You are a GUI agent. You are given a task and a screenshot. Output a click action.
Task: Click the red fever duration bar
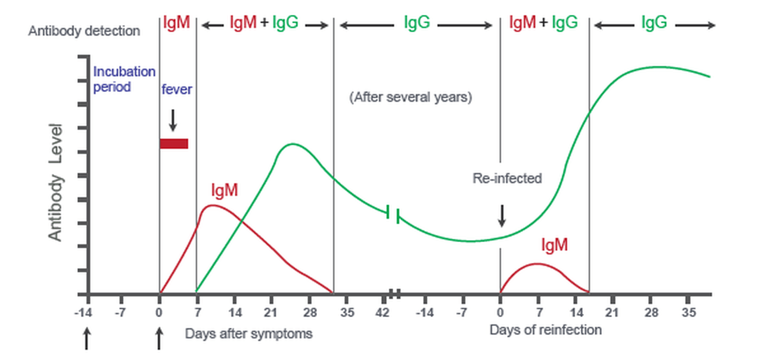point(173,144)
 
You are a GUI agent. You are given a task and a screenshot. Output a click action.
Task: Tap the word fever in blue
point(176,90)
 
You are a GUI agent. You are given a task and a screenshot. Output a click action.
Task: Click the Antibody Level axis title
point(55,182)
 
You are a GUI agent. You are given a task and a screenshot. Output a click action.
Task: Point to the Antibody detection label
point(84,31)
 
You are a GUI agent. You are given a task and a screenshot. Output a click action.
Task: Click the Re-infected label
point(507,178)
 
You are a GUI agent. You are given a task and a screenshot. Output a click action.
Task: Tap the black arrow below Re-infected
point(502,216)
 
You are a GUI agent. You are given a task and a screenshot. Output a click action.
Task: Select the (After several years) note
point(411,98)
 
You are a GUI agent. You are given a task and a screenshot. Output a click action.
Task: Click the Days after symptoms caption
point(248,333)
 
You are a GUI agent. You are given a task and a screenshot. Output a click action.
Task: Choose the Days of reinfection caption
point(545,330)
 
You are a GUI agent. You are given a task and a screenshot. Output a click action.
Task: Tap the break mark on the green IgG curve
point(393,215)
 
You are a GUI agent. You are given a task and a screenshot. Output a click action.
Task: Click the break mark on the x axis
point(394,293)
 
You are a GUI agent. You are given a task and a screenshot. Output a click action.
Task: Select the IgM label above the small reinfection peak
point(554,245)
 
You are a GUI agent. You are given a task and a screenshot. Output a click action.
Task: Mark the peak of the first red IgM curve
point(213,205)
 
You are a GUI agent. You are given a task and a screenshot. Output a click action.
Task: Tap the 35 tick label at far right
point(689,312)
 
